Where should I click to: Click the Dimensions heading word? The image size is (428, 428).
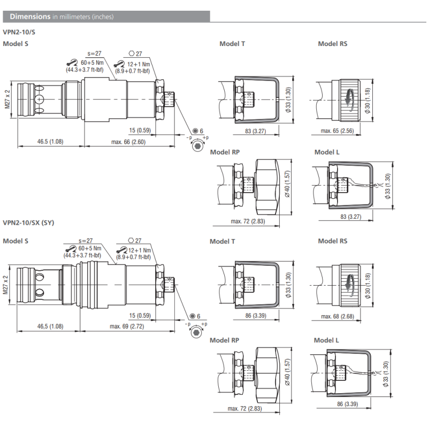pyautogui.click(x=30, y=17)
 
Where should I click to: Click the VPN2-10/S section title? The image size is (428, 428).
pyautogui.click(x=19, y=32)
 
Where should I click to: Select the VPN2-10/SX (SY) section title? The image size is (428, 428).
pyautogui.click(x=28, y=222)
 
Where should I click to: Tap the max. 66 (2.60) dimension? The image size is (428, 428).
pyautogui.click(x=127, y=142)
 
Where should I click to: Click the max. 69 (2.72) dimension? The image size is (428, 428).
pyautogui.click(x=127, y=326)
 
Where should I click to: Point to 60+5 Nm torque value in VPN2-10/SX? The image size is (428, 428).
pyautogui.click(x=90, y=249)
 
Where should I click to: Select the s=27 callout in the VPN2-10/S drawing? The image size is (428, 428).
pyautogui.click(x=94, y=53)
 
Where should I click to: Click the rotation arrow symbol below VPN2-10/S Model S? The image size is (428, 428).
pyautogui.click(x=197, y=145)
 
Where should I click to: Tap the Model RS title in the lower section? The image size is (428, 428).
pyautogui.click(x=332, y=241)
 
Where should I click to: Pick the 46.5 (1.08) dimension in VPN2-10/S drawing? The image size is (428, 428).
pyautogui.click(x=50, y=142)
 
